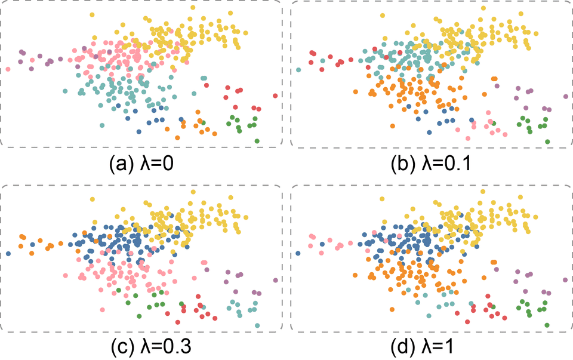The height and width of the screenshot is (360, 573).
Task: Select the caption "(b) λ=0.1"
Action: [431, 162]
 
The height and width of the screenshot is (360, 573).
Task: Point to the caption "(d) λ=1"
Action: [431, 346]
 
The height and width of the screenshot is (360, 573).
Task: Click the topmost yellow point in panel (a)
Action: [192, 7]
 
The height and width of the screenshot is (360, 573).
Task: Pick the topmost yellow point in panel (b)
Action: [482, 7]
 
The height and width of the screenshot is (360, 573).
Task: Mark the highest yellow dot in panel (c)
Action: [192, 192]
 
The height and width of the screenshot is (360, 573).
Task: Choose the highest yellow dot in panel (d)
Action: [482, 192]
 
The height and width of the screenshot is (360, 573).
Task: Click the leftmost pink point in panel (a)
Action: [8, 70]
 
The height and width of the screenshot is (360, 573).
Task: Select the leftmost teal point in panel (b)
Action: [298, 70]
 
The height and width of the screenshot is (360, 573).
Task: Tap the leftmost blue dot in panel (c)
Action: [8, 254]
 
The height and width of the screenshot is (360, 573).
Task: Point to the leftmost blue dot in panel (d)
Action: [298, 254]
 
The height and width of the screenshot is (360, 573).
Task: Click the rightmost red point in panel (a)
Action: [275, 96]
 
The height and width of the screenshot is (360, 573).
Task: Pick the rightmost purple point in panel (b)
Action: [565, 96]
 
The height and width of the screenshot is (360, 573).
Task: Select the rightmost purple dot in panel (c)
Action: [275, 280]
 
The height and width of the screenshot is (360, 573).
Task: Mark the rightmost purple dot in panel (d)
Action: [565, 280]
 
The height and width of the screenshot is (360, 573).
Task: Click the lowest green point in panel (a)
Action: [257, 141]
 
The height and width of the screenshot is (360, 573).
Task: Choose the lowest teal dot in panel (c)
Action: [257, 325]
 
